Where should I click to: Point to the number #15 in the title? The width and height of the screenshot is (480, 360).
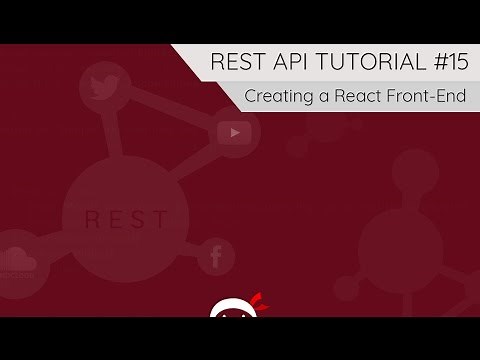[x=445, y=63]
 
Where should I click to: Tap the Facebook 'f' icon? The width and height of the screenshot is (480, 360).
[x=215, y=258]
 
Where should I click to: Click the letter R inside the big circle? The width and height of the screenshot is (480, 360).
[x=91, y=217]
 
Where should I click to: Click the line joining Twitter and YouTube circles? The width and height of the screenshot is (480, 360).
[x=170, y=108]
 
